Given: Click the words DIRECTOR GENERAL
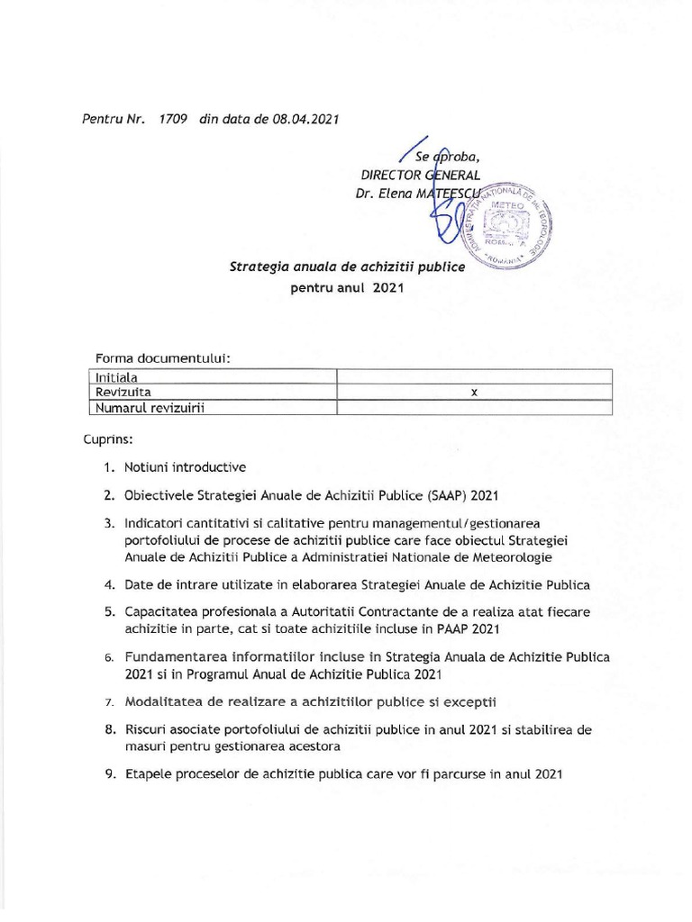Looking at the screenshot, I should click(x=420, y=175).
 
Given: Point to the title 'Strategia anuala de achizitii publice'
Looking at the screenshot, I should click(x=347, y=267).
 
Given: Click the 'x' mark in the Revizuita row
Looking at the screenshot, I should click(x=473, y=393).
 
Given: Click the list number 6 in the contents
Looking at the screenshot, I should click(x=107, y=658).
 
